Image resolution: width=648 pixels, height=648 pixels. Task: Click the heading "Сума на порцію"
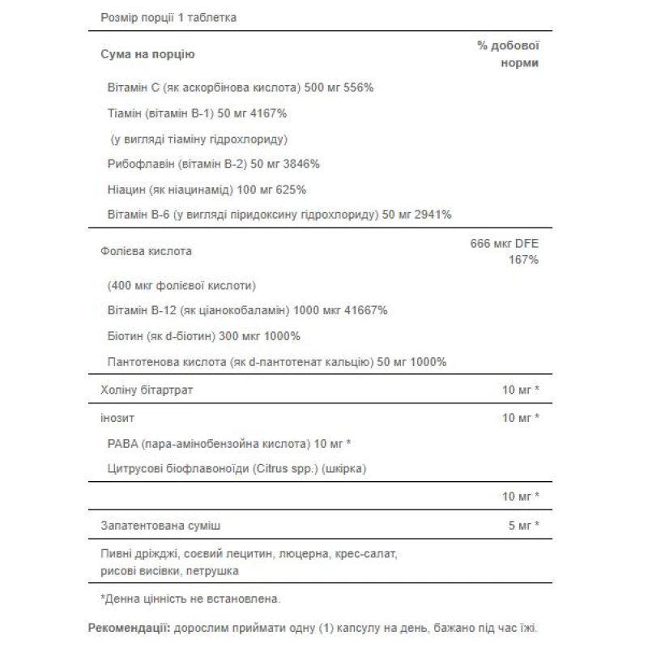(x=147, y=54)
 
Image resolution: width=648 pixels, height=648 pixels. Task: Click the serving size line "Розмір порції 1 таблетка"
(x=168, y=18)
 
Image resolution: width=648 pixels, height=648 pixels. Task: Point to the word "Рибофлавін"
(x=138, y=164)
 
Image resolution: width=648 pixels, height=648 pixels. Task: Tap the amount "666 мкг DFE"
(x=505, y=244)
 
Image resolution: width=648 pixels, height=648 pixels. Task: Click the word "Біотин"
(x=124, y=335)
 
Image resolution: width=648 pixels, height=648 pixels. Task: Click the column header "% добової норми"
(x=508, y=54)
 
